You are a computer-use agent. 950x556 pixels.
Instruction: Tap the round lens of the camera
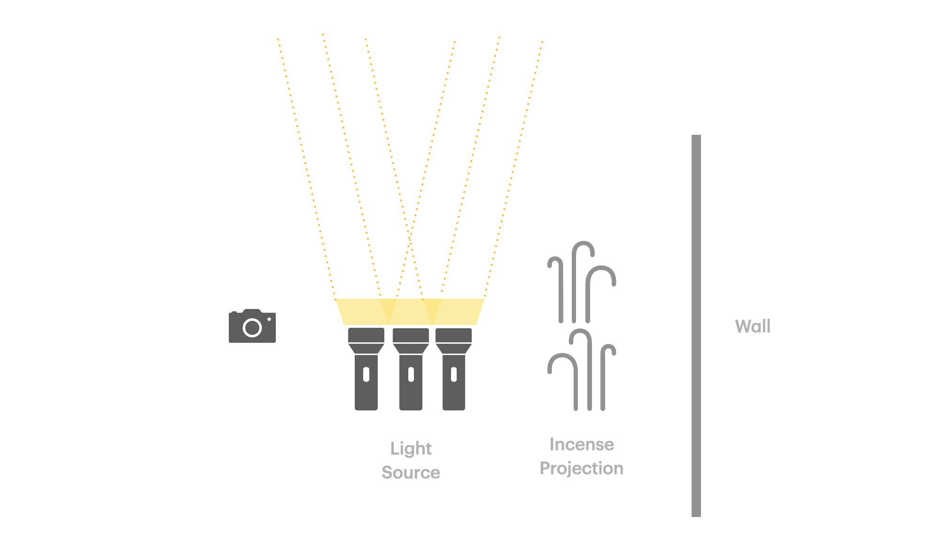click(252, 328)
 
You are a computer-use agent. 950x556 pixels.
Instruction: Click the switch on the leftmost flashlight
click(366, 374)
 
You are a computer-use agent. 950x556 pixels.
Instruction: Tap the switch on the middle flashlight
click(411, 374)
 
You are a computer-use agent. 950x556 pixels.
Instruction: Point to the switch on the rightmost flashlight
click(454, 374)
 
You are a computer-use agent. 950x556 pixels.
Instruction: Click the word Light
click(411, 449)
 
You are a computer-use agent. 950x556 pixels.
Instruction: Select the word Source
click(411, 472)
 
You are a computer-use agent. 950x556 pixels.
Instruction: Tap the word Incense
click(582, 444)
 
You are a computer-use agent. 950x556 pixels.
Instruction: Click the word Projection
click(582, 469)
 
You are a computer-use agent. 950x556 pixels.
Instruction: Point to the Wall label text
click(753, 326)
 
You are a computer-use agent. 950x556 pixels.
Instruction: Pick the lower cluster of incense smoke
click(582, 371)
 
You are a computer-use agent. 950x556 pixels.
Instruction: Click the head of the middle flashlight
click(411, 340)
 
